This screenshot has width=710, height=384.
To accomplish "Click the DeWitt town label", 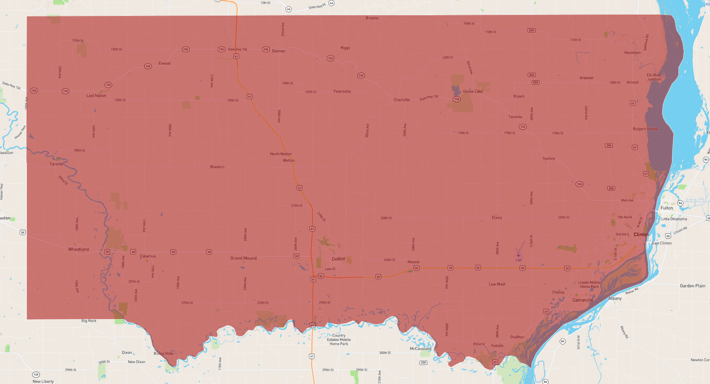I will [x=338, y=259].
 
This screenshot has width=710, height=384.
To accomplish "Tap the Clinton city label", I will [x=641, y=235].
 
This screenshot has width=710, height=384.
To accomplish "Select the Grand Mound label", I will [x=243, y=258].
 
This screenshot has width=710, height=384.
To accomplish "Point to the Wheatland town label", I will [x=78, y=249].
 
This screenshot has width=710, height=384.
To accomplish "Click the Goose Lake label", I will [x=473, y=91].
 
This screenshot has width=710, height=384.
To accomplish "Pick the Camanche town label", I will [x=583, y=300].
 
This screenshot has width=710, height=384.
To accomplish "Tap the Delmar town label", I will [x=278, y=51].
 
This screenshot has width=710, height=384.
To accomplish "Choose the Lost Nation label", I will [x=96, y=96].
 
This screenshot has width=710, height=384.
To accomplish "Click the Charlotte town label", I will [x=401, y=100].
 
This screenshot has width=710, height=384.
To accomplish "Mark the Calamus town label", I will [x=148, y=256].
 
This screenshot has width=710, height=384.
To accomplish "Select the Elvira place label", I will [x=497, y=218].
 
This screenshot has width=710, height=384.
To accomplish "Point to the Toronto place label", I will [x=56, y=164].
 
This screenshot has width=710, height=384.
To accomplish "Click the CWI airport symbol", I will [x=518, y=255].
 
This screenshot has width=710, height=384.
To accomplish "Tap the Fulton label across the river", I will [x=666, y=208].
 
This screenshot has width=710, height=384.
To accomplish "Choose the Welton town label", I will [x=289, y=160].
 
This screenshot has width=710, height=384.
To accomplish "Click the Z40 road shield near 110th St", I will [x=531, y=30].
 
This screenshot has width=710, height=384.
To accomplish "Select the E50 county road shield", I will [x=535, y=83].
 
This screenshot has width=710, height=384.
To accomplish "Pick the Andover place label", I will [x=586, y=78].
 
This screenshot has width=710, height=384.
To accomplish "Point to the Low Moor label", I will [x=497, y=284].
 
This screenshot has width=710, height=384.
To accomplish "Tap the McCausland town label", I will [x=420, y=348].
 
